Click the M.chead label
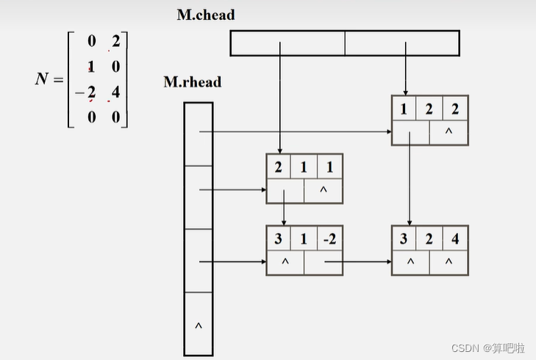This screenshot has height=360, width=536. click(x=206, y=14)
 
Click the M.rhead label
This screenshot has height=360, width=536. click(x=192, y=82)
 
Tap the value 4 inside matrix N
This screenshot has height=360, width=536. click(x=115, y=93)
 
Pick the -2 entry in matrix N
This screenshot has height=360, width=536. click(x=87, y=93)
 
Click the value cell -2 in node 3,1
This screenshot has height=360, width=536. click(x=329, y=239)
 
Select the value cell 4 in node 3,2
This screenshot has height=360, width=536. click(x=455, y=239)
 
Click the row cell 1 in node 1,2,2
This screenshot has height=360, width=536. click(x=403, y=109)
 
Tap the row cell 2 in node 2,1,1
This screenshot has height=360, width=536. click(x=278, y=167)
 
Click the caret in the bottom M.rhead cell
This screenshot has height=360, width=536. click(x=198, y=324)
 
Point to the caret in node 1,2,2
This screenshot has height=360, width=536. click(x=449, y=132)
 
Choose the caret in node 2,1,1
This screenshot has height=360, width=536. click(x=324, y=190)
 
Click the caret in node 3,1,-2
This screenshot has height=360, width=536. click(x=285, y=262)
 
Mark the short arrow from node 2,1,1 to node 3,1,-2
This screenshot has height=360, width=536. click(x=285, y=213)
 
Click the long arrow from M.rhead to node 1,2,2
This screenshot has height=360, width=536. click(x=294, y=132)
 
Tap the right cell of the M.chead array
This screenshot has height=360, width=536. click(x=402, y=43)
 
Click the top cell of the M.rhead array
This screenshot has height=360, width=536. click(x=198, y=134)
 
